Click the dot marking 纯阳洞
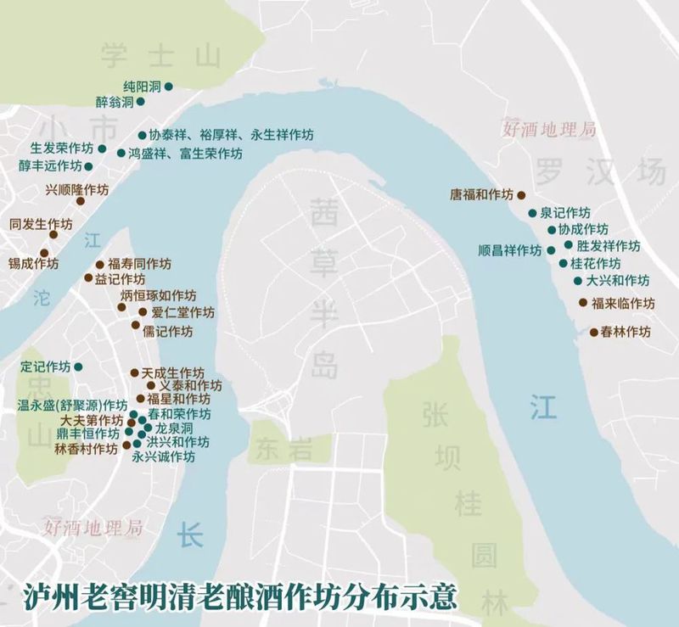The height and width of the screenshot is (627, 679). [x=168, y=87]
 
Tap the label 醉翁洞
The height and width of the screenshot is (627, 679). [x=115, y=102]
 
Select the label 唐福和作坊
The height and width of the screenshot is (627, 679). [x=481, y=194]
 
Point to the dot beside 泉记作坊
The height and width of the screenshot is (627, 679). [x=532, y=213]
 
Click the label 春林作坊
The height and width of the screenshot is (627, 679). [x=626, y=332]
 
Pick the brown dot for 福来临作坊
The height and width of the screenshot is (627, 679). [x=583, y=303]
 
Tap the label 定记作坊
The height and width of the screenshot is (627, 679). [x=46, y=367]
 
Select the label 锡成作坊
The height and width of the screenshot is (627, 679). [x=33, y=263]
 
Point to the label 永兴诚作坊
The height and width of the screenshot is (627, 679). [x=163, y=456]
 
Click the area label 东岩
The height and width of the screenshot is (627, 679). [x=283, y=447]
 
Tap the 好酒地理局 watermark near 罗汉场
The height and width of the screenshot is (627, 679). [x=549, y=130]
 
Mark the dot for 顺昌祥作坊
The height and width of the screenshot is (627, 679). [x=551, y=250]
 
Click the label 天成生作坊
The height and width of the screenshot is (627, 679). [x=172, y=373]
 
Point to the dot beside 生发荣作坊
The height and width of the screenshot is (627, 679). [x=102, y=148]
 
